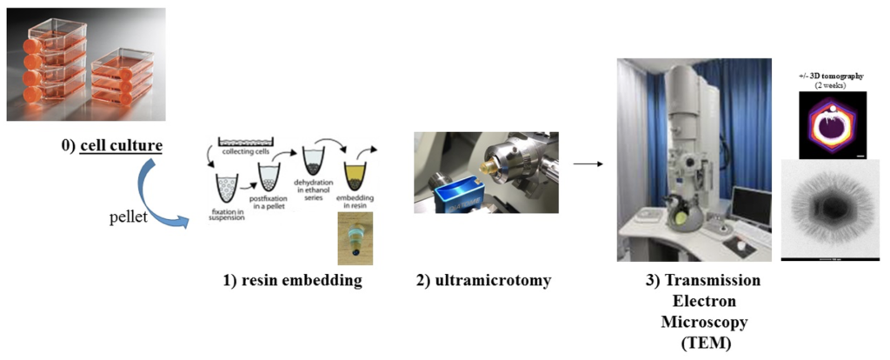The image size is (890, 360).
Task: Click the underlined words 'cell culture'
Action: (x=121, y=144)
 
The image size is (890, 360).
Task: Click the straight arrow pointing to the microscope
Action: (x=589, y=163)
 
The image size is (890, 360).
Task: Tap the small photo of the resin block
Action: (x=355, y=237)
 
